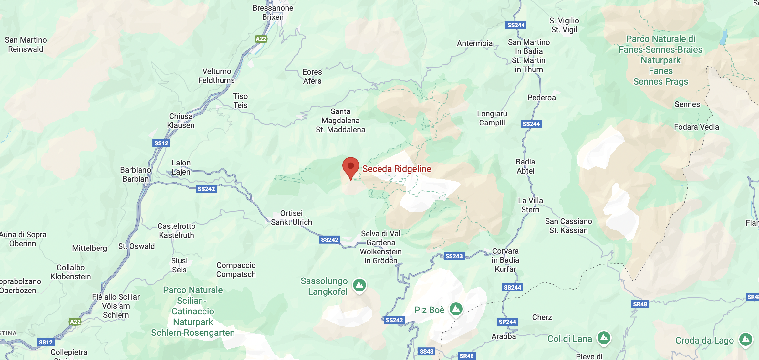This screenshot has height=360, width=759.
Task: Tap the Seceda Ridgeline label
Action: [x=396, y=169]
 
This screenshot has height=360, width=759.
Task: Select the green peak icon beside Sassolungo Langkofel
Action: [x=359, y=285]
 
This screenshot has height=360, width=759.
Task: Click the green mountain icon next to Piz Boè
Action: [x=456, y=309]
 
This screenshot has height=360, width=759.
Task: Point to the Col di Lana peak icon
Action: [x=604, y=338]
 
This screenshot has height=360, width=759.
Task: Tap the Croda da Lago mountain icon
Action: [x=745, y=339]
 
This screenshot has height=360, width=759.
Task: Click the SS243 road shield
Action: [x=454, y=256]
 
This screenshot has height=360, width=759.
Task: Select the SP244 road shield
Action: [x=507, y=322]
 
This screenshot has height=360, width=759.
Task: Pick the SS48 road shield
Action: [x=426, y=351]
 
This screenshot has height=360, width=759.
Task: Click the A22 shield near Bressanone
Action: [x=261, y=39]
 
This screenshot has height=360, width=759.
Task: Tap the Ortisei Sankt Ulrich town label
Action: [x=291, y=218]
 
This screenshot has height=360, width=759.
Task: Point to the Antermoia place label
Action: [x=474, y=43]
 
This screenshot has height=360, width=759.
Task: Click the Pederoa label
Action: [x=541, y=98]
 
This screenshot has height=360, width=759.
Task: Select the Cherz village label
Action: [x=542, y=317]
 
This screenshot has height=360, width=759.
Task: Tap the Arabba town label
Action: [x=504, y=336]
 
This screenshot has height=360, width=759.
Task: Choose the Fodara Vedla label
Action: [x=696, y=127]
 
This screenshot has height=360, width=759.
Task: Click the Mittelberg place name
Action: [x=89, y=248]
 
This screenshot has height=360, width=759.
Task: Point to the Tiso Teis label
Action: [x=240, y=101]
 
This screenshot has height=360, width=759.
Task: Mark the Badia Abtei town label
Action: [x=525, y=166]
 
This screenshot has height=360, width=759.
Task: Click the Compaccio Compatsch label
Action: [x=236, y=270]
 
